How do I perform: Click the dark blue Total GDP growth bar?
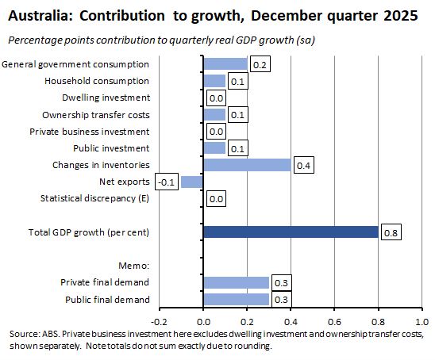pyautogui.click(x=290, y=232)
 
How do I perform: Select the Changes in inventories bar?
pyautogui.click(x=247, y=165)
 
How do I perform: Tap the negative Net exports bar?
pyautogui.click(x=192, y=182)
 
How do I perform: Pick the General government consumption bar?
pyautogui.click(x=225, y=64)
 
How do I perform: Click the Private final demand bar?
pyautogui.click(x=236, y=282)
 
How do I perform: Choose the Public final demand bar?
pyautogui.click(x=236, y=299)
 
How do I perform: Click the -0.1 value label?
pyautogui.click(x=166, y=182)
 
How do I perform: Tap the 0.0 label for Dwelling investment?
pyautogui.click(x=216, y=98)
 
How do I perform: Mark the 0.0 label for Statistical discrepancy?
pyautogui.click(x=216, y=199)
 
